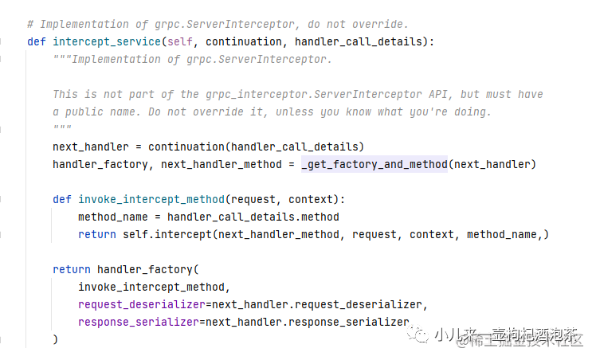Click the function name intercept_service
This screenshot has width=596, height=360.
[100, 41]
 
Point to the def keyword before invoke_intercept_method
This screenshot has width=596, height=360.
[62, 199]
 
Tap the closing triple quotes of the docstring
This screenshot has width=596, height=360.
[62, 129]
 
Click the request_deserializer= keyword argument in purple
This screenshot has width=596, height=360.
[141, 304]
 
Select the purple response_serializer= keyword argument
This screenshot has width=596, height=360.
[141, 322]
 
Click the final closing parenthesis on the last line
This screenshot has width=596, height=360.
[56, 339]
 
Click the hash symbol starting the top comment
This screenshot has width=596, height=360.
[30, 24]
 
